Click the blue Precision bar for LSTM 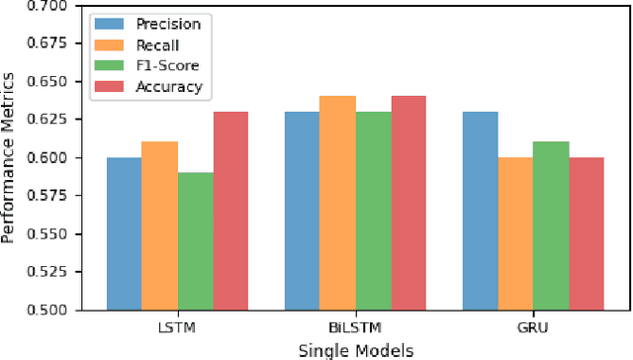point(124,233)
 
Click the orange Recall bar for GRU point(515,233)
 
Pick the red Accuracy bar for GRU point(587,233)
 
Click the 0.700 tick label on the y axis point(50,6)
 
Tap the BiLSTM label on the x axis point(355,327)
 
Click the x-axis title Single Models point(355,349)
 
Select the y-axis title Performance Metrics point(10,157)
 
